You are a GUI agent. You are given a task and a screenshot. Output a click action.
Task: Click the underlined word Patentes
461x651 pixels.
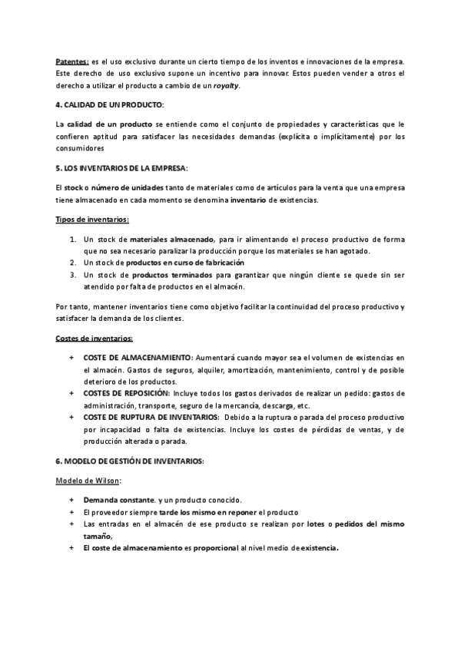(72, 61)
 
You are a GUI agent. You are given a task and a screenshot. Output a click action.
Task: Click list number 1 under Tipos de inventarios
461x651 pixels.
(73, 240)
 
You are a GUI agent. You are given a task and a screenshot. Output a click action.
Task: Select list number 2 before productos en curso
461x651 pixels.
(73, 263)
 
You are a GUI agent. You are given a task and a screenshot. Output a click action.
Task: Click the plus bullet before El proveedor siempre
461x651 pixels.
(72, 513)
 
